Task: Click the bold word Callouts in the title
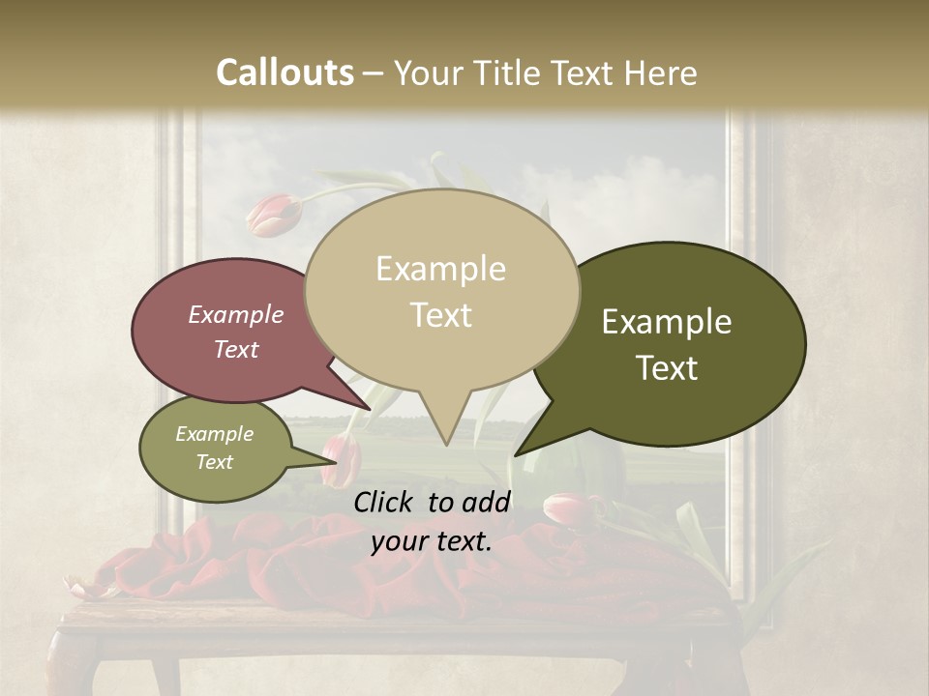point(285,72)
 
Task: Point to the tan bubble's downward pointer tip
point(446,444)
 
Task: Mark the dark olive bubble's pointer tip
point(516,454)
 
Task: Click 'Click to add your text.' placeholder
point(432,521)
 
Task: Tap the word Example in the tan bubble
point(440,269)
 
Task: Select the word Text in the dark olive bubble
point(668,368)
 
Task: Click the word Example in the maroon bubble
point(236,314)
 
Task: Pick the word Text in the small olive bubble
point(214,462)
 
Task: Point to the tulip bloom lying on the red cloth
point(569,507)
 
